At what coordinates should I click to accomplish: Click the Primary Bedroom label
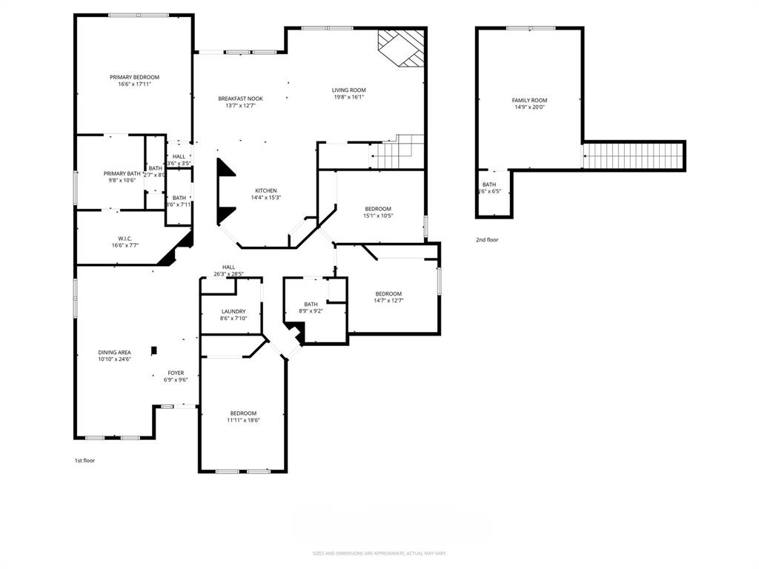tap(134, 77)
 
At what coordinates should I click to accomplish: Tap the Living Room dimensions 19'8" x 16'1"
tap(348, 97)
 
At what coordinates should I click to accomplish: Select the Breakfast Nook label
tap(240, 99)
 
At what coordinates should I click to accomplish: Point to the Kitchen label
tap(266, 190)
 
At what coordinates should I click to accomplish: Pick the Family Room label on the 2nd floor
tap(529, 100)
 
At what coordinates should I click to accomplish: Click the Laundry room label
tap(233, 311)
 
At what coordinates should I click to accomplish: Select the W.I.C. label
tap(125, 239)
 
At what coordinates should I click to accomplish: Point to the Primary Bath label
tap(122, 173)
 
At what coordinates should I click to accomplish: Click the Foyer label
tap(176, 373)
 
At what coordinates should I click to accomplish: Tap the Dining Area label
tap(114, 353)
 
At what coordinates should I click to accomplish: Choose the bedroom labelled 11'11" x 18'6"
tap(243, 413)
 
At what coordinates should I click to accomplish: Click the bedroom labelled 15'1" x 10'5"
tap(378, 209)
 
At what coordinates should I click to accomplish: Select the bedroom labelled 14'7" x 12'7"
tap(388, 293)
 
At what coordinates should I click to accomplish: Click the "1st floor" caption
tap(84, 460)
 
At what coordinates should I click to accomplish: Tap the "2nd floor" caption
tap(487, 240)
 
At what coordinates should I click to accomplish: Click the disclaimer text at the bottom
tap(379, 553)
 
